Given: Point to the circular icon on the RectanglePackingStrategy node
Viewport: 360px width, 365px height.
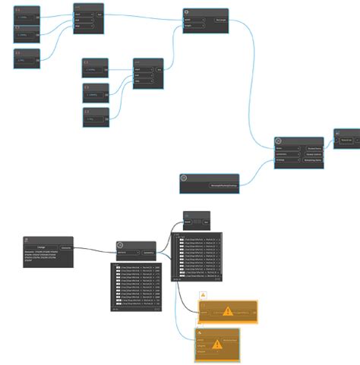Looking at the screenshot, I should (184, 178).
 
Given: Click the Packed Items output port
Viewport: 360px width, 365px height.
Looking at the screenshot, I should (314, 148).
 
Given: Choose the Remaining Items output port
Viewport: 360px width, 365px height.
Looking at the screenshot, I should (314, 161).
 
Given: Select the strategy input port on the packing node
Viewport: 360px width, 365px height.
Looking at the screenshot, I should (282, 161).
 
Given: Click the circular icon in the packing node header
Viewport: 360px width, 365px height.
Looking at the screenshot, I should (279, 141).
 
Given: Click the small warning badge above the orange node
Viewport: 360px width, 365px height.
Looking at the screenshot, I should (203, 294).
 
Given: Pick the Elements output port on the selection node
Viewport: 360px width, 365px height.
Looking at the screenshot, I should (66, 247).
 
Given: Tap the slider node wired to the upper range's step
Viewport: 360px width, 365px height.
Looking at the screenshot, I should (27, 58).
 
